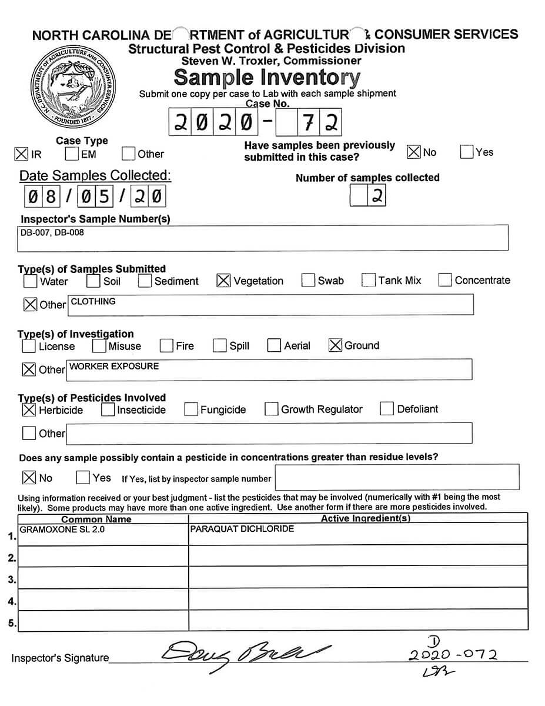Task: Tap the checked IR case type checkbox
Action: [x=21, y=154]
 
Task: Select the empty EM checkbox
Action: [x=72, y=154]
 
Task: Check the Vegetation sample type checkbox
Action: [x=223, y=281]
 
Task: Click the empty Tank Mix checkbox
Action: [x=369, y=280]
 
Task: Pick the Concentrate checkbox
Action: [x=445, y=280]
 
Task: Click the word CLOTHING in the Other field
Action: [x=93, y=301]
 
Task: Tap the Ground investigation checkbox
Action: [x=335, y=345]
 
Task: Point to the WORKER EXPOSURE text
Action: [x=114, y=366]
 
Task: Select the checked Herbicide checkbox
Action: [x=28, y=409]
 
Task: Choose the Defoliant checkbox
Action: [x=387, y=409]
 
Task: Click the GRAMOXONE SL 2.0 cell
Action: [x=62, y=529]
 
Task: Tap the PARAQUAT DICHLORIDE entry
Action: [x=242, y=529]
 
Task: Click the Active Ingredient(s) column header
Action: [x=365, y=518]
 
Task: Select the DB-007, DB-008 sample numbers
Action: [x=52, y=232]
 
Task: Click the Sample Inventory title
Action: [x=267, y=77]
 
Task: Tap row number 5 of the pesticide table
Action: [x=12, y=622]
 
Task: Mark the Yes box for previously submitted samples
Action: [x=467, y=152]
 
